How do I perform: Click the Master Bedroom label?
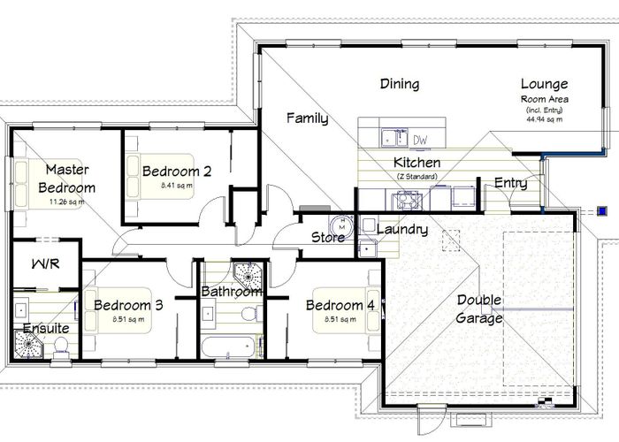click(x=67, y=178)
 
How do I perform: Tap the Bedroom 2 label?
click(x=176, y=171)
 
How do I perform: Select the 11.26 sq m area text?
click(x=67, y=202)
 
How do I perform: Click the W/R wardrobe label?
click(x=44, y=263)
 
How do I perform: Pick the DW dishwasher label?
click(x=421, y=140)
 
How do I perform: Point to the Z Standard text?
click(x=416, y=176)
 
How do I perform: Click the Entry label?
click(x=511, y=184)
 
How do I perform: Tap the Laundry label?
click(x=402, y=230)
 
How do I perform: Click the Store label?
click(x=327, y=237)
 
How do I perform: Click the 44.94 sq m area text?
click(x=545, y=118)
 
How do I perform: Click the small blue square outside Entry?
click(x=602, y=211)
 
